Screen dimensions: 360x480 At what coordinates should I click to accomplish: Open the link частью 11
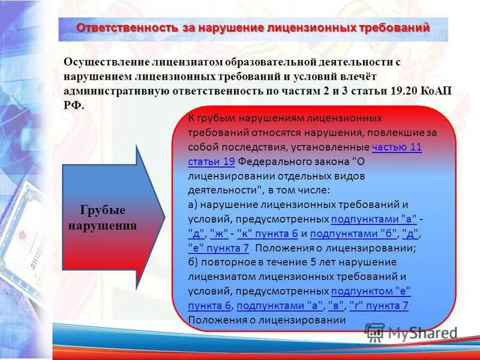397,148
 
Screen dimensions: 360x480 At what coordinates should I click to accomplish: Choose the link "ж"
219,233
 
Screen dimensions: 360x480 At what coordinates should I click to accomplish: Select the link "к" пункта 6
268,233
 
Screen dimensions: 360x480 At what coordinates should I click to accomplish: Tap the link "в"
336,305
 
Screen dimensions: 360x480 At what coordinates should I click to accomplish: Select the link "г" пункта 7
379,305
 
